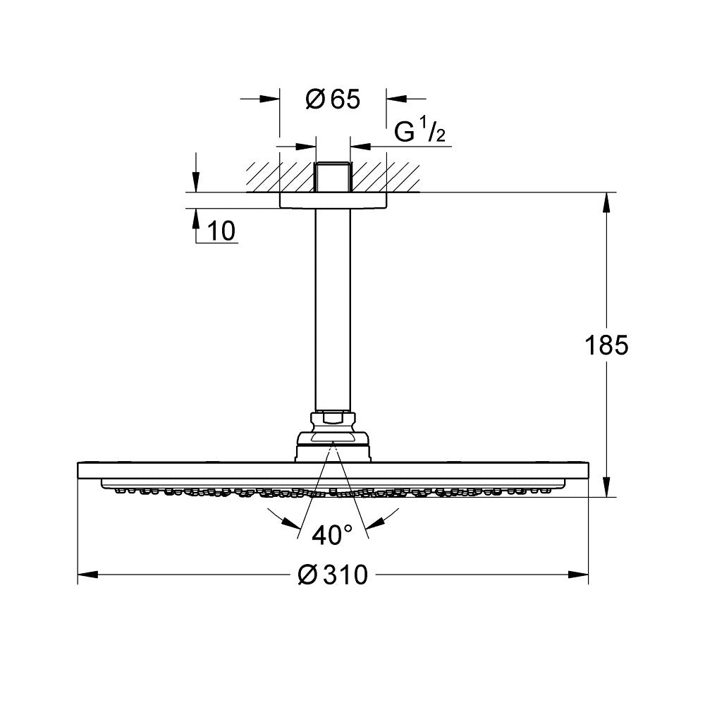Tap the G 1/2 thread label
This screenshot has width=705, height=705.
coord(420,132)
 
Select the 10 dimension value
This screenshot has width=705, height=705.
coord(222,231)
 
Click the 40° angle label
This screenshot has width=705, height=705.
coord(332,535)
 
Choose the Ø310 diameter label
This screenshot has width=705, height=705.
coord(333,575)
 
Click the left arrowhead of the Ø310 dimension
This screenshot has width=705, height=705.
coord(85,575)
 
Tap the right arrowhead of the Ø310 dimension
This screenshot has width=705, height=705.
coord(580,575)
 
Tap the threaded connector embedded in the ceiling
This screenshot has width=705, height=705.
coord(333,178)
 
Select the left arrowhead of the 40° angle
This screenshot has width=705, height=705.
coord(290,522)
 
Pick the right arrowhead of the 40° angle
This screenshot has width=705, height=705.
coord(375,522)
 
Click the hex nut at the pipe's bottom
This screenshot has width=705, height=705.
coord(333,418)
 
